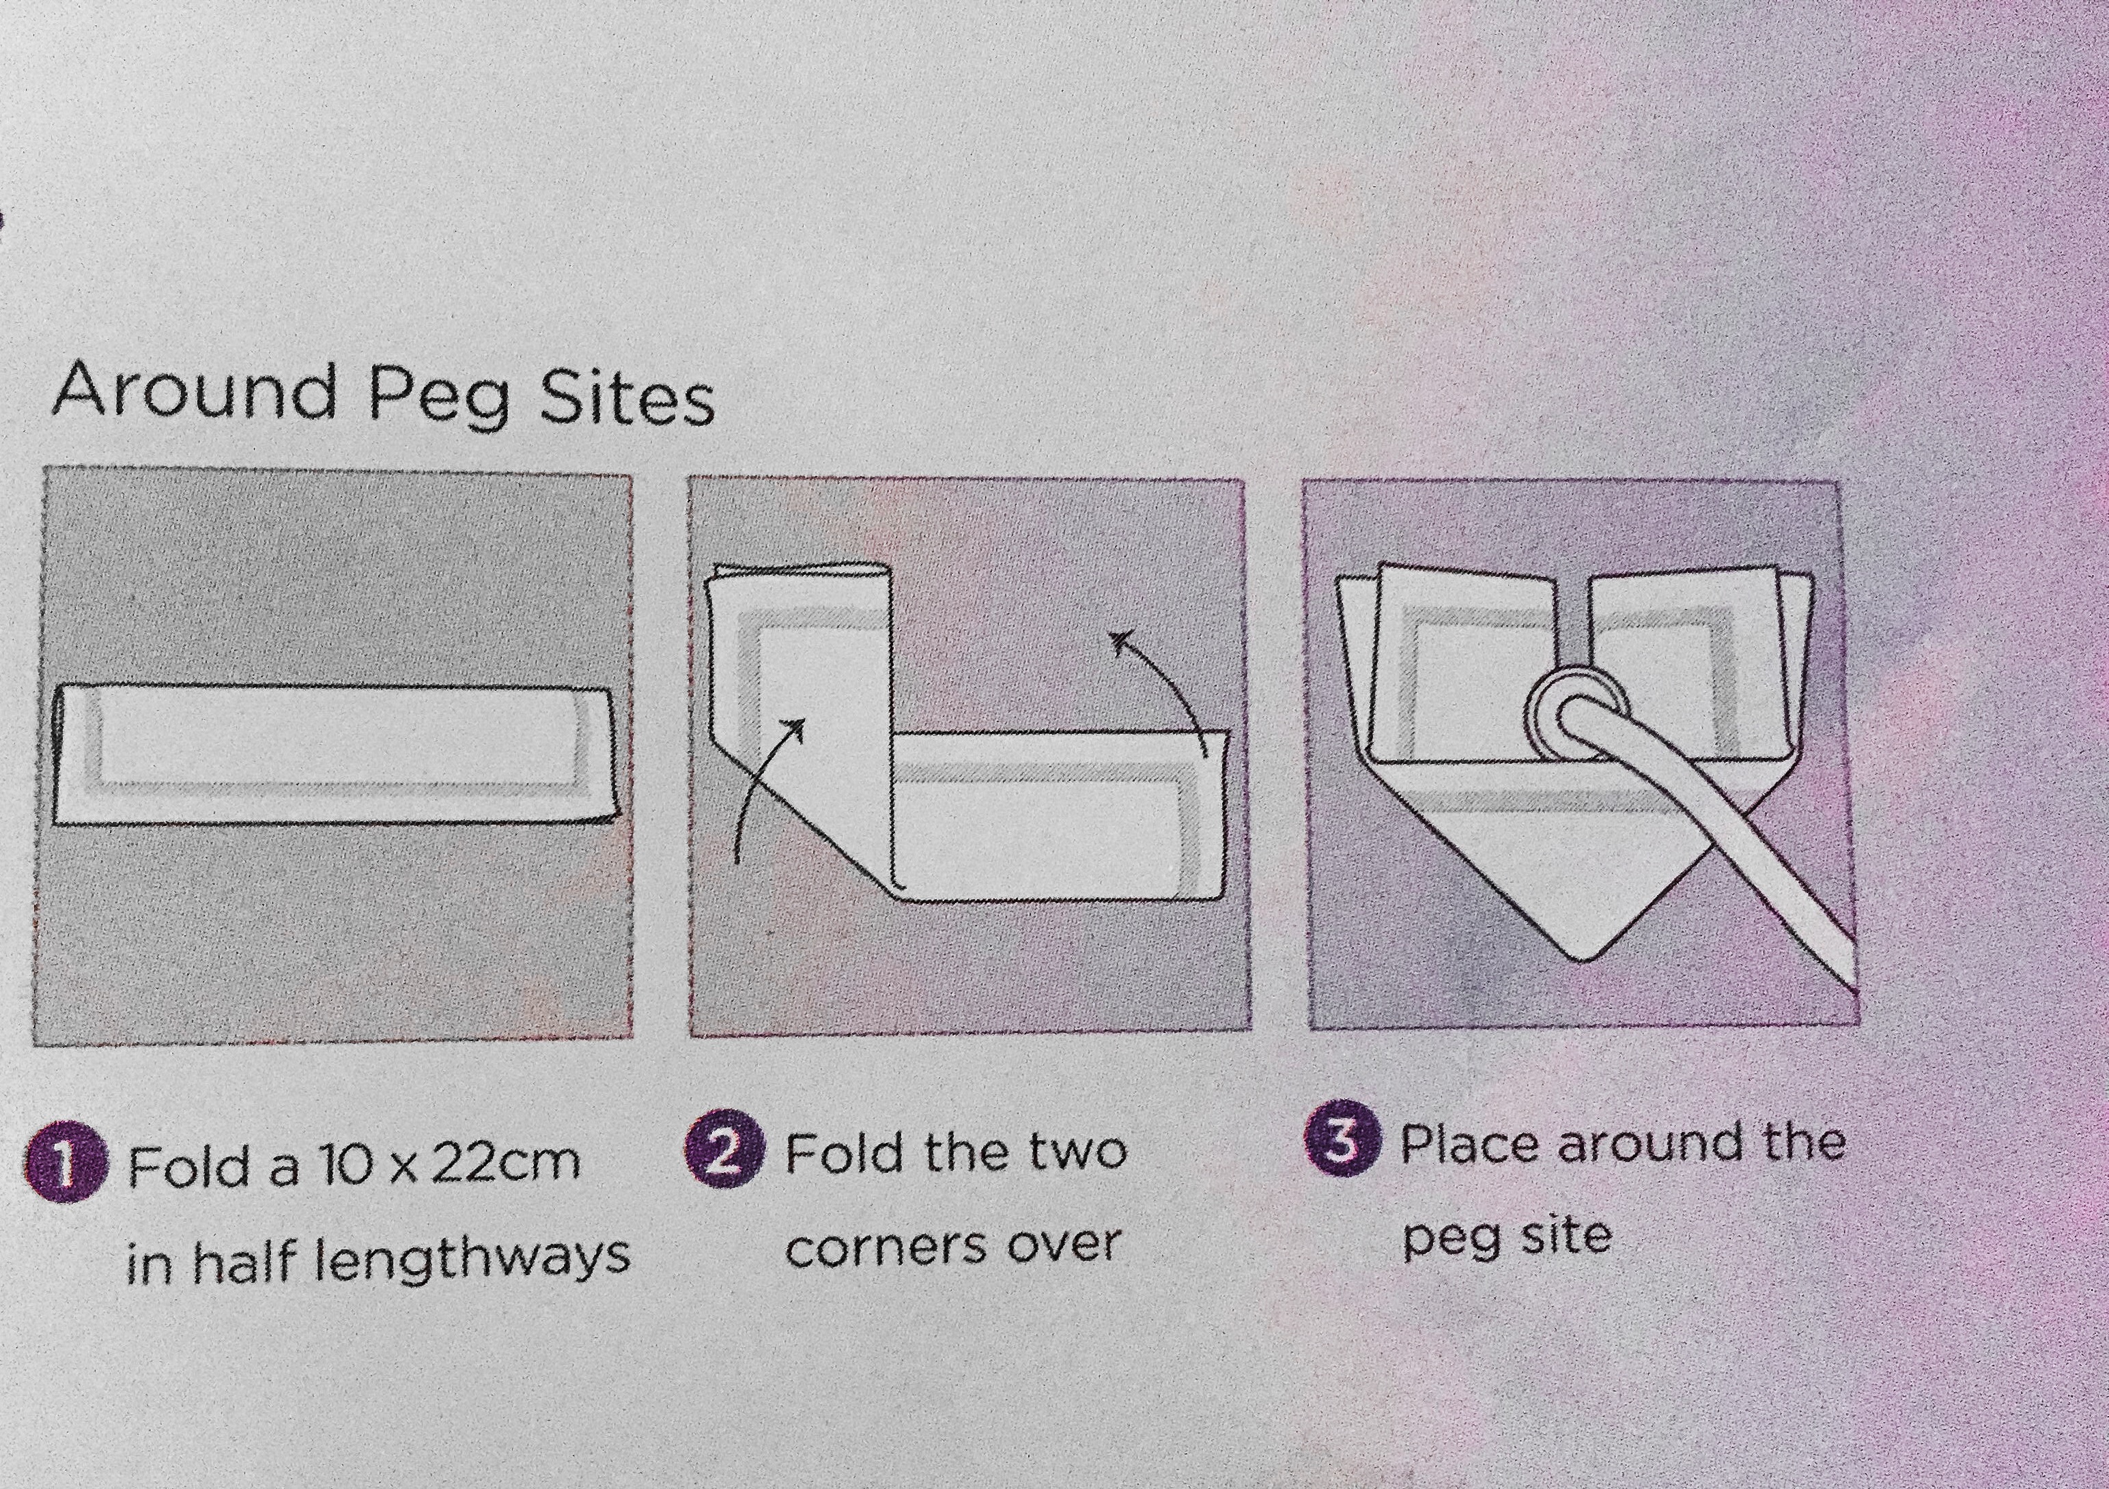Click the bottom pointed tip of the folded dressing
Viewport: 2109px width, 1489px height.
pyautogui.click(x=1582, y=961)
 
